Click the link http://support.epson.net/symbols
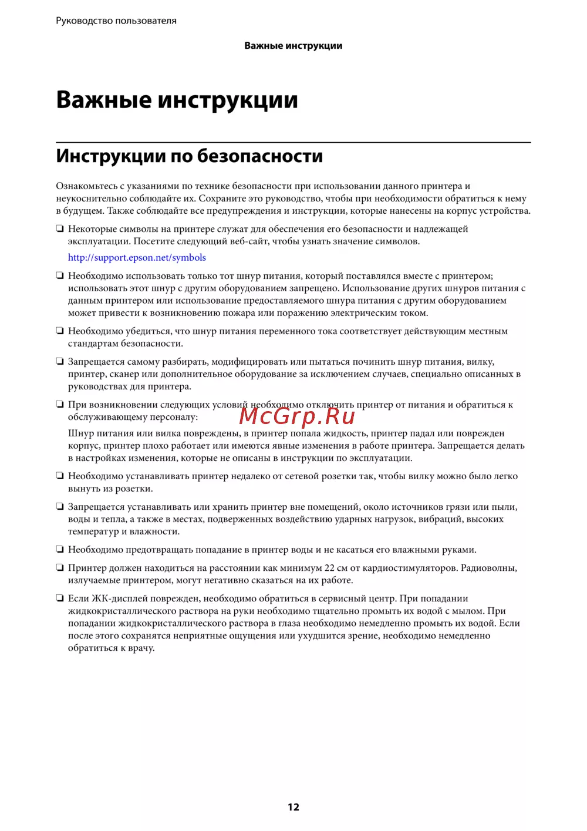tap(137, 258)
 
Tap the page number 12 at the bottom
tap(293, 807)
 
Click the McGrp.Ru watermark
tap(297, 416)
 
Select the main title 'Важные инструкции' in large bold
tap(177, 100)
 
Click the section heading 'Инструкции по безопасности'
tap(189, 156)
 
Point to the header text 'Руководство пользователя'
tap(116, 21)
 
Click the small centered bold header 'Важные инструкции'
tap(293, 46)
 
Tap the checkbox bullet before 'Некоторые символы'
tap(59, 228)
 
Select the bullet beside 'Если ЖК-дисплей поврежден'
tap(59, 598)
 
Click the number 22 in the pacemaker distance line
tap(329, 568)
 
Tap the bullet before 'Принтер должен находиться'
tap(59, 568)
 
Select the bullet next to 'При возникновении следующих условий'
tap(59, 404)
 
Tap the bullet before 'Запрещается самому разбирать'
tap(59, 362)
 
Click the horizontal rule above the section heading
tap(293, 142)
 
